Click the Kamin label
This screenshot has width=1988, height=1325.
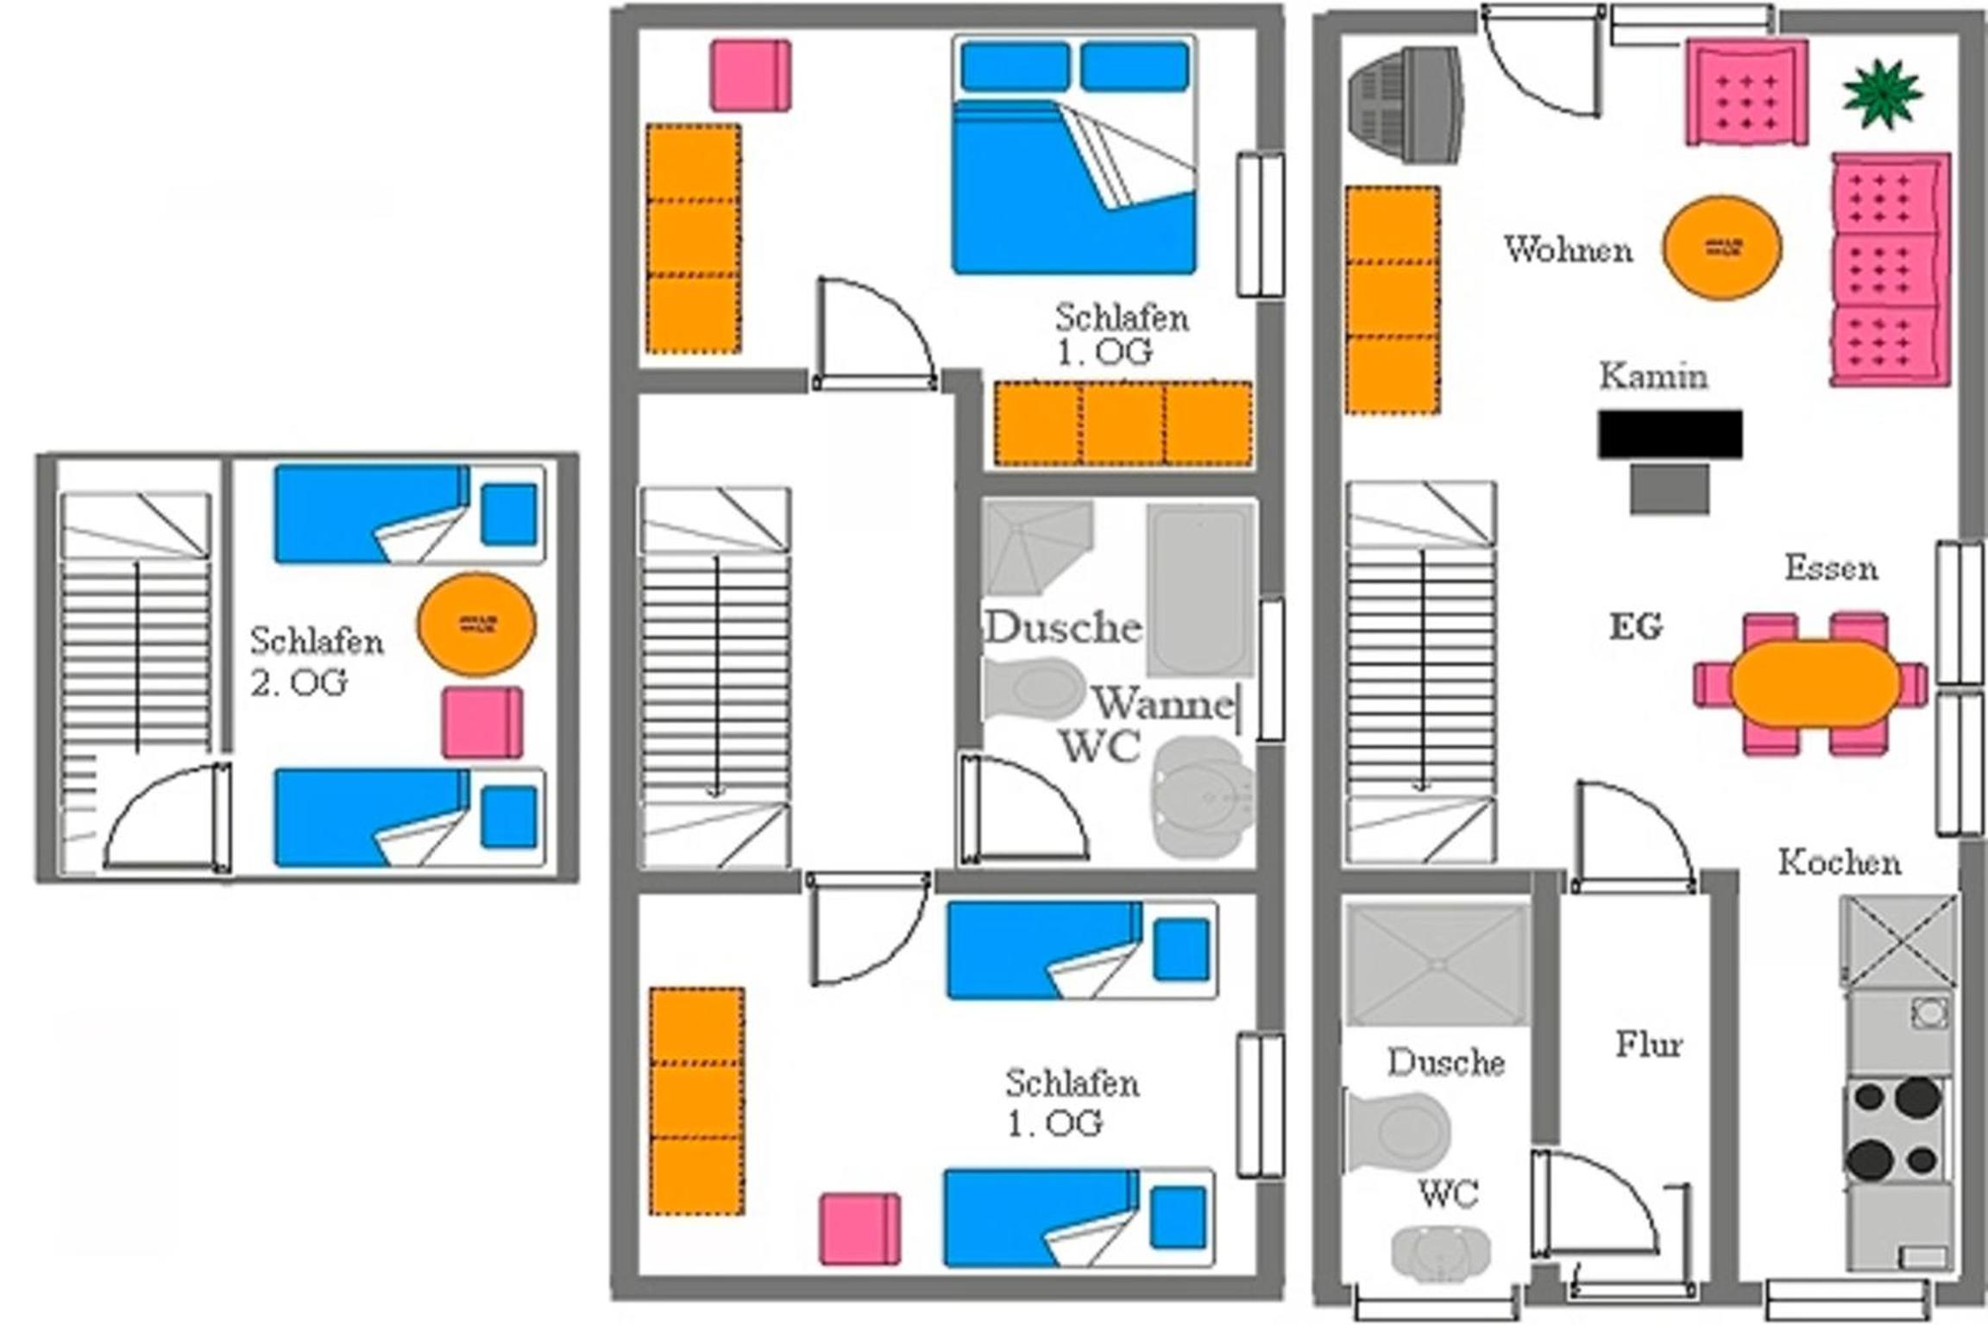pyautogui.click(x=1653, y=376)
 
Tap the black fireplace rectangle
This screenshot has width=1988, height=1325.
pyautogui.click(x=1670, y=434)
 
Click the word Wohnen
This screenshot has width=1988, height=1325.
pyautogui.click(x=1569, y=250)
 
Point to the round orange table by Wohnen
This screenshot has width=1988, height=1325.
pyautogui.click(x=1722, y=248)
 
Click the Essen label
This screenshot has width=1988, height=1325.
pyautogui.click(x=1831, y=568)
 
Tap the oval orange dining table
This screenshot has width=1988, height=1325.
pyautogui.click(x=1815, y=683)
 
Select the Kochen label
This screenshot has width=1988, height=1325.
pyautogui.click(x=1840, y=863)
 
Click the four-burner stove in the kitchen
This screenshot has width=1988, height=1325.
pyautogui.click(x=1897, y=1130)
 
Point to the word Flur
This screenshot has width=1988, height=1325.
pyautogui.click(x=1649, y=1046)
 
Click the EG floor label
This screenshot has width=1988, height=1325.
pyautogui.click(x=1636, y=627)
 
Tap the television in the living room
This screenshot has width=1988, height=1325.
pyautogui.click(x=1406, y=104)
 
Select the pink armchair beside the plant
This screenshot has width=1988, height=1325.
pyautogui.click(x=1747, y=92)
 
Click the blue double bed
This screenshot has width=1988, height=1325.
pyautogui.click(x=1074, y=154)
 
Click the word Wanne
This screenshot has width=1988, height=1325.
pyautogui.click(x=1164, y=704)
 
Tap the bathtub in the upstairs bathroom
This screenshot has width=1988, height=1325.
pyautogui.click(x=1200, y=590)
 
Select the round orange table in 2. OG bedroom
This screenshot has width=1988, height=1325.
pyautogui.click(x=476, y=625)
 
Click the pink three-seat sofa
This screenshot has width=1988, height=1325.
pyautogui.click(x=1890, y=270)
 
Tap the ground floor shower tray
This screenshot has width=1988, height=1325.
pyautogui.click(x=1437, y=964)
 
